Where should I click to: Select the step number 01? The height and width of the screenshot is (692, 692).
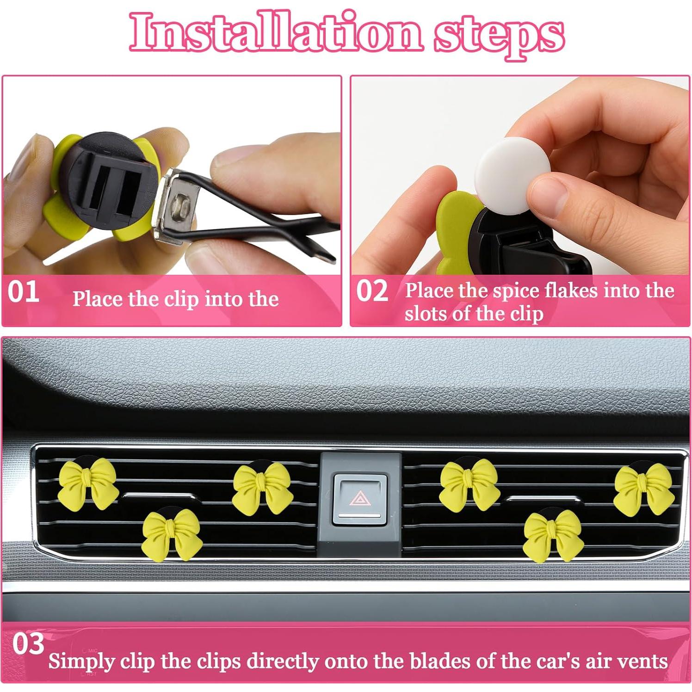[23, 292]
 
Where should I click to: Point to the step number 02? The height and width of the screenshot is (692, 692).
[372, 291]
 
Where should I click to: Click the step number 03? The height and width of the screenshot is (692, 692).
[28, 643]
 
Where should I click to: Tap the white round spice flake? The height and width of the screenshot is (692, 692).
[513, 168]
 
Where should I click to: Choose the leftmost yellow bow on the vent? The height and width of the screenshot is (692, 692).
[88, 483]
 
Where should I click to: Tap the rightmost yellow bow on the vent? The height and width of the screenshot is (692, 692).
[643, 489]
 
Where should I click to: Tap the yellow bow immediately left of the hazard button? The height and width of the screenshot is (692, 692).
[262, 487]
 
